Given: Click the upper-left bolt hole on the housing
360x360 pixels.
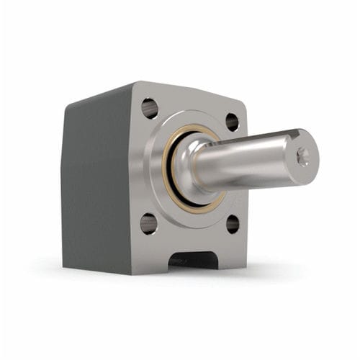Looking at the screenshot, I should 150,108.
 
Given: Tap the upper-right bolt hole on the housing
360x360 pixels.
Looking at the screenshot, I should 232,121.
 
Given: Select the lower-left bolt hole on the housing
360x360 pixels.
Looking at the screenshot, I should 148,224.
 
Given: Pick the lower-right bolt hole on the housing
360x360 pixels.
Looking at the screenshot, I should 232,224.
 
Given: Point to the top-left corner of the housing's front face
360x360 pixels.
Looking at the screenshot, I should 135,84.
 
